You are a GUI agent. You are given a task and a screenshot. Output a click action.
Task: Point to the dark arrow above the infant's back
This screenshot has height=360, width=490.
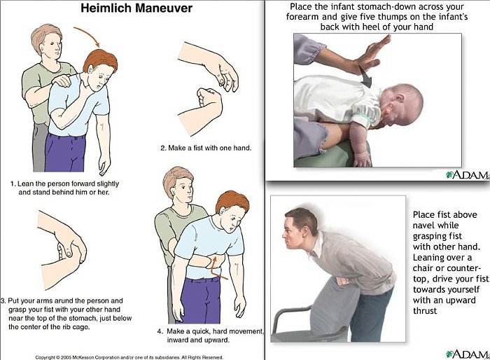(366, 76)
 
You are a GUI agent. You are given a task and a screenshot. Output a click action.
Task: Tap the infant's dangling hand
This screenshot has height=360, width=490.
(363, 159)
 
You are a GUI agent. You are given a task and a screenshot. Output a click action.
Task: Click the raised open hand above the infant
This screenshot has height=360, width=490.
(372, 54)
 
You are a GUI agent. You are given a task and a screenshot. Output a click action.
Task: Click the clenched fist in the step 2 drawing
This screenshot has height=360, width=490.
(209, 99)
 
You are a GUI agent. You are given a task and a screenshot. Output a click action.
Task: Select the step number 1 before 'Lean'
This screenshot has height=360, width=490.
(13, 184)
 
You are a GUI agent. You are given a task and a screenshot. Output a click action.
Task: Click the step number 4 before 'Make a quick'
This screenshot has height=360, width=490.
(160, 331)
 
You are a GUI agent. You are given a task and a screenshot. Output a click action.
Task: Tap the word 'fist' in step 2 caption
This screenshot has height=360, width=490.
(199, 148)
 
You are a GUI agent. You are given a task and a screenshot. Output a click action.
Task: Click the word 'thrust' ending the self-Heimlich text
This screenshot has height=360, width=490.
(425, 310)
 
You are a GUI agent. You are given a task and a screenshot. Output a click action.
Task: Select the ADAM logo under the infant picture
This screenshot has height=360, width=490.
(467, 174)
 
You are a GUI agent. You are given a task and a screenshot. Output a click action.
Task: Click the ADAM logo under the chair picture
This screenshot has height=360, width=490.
(467, 354)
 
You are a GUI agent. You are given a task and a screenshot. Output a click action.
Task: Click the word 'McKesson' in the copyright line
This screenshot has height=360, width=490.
(83, 357)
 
